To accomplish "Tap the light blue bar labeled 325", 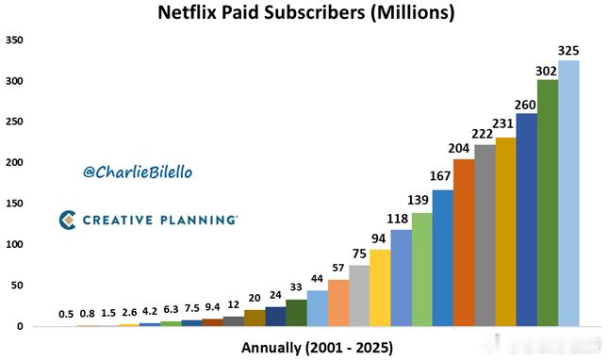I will (x=568, y=193).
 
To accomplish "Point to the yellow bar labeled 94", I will (x=380, y=287).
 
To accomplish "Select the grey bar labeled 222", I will (x=485, y=235).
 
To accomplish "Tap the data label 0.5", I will (x=66, y=314).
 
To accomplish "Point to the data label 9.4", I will (x=212, y=306).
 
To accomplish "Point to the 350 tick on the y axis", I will (x=14, y=41).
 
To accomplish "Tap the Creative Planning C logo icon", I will (x=67, y=220).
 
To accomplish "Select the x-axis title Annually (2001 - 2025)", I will (x=317, y=347).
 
